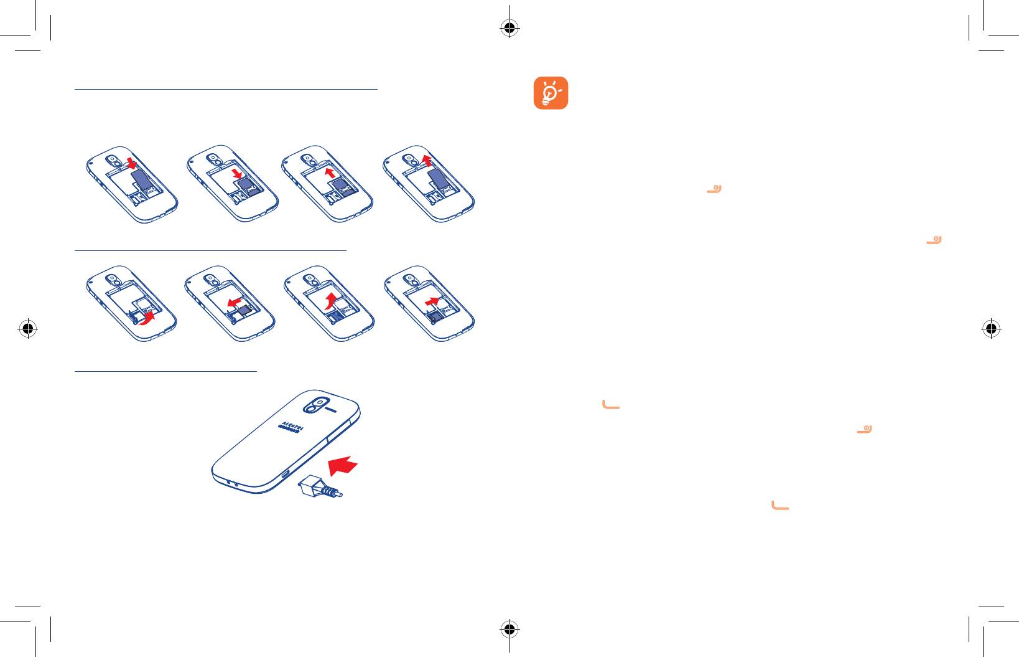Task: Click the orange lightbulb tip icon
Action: pyautogui.click(x=551, y=93)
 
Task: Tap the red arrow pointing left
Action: pyautogui.click(x=235, y=302)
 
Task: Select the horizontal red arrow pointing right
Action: pyautogui.click(x=432, y=301)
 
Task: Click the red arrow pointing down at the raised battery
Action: pyautogui.click(x=132, y=163)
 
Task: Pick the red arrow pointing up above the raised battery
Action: pyautogui.click(x=426, y=160)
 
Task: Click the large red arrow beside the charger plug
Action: pyautogui.click(x=343, y=465)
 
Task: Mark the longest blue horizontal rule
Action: pyautogui.click(x=226, y=89)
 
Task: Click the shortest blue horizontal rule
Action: pyautogui.click(x=165, y=372)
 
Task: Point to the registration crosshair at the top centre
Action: pyautogui.click(x=509, y=28)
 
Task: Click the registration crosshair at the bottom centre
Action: pyautogui.click(x=509, y=629)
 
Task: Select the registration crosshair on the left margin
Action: pyautogui.click(x=28, y=328)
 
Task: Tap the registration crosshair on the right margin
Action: pyautogui.click(x=991, y=328)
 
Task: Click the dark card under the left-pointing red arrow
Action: pyautogui.click(x=246, y=311)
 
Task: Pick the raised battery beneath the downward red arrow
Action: pyautogui.click(x=141, y=179)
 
